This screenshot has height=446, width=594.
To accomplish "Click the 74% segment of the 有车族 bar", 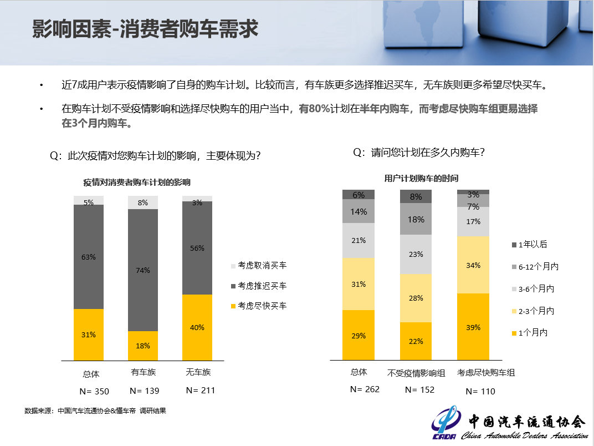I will (x=143, y=270).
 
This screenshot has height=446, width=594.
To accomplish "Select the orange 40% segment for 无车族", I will (x=197, y=327).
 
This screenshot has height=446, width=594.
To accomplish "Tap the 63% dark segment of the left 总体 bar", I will (x=89, y=257).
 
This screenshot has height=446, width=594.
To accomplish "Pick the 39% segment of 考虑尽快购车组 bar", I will (x=473, y=327).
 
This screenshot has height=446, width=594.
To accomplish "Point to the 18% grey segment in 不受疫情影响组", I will (x=416, y=219).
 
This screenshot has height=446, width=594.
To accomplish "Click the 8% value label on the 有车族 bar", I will (x=143, y=203).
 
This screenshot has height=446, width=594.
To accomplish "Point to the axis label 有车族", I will (x=144, y=373).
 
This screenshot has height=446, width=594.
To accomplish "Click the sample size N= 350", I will (x=94, y=391).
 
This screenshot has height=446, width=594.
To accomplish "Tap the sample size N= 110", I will (x=480, y=392).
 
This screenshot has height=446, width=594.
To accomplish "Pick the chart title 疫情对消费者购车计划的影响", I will (x=137, y=183).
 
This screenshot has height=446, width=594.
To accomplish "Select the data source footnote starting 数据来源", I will (x=95, y=411).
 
